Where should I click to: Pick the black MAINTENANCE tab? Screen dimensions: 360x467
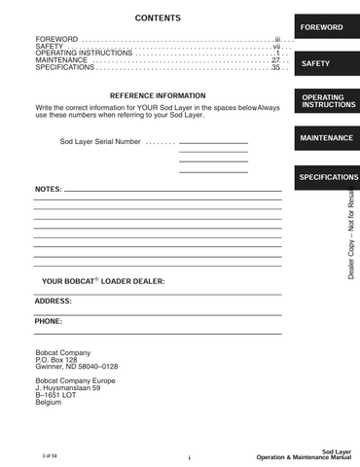pyautogui.click(x=325, y=138)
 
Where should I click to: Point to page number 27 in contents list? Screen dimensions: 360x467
pyautogui.click(x=275, y=60)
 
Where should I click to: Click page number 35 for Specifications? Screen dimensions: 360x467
pyautogui.click(x=275, y=68)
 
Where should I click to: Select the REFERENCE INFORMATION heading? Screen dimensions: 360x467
pyautogui.click(x=158, y=95)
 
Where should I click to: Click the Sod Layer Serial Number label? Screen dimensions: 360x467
pyautogui.click(x=101, y=142)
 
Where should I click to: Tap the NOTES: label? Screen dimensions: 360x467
pyautogui.click(x=48, y=188)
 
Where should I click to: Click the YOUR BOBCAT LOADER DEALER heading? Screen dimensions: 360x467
pyautogui.click(x=103, y=281)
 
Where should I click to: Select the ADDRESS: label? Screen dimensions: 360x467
pyautogui.click(x=53, y=302)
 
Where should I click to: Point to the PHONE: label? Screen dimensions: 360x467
pyautogui.click(x=48, y=321)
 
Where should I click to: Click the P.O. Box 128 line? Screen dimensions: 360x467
pyautogui.click(x=55, y=360)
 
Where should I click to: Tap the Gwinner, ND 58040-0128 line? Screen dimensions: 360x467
pyautogui.click(x=76, y=367)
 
